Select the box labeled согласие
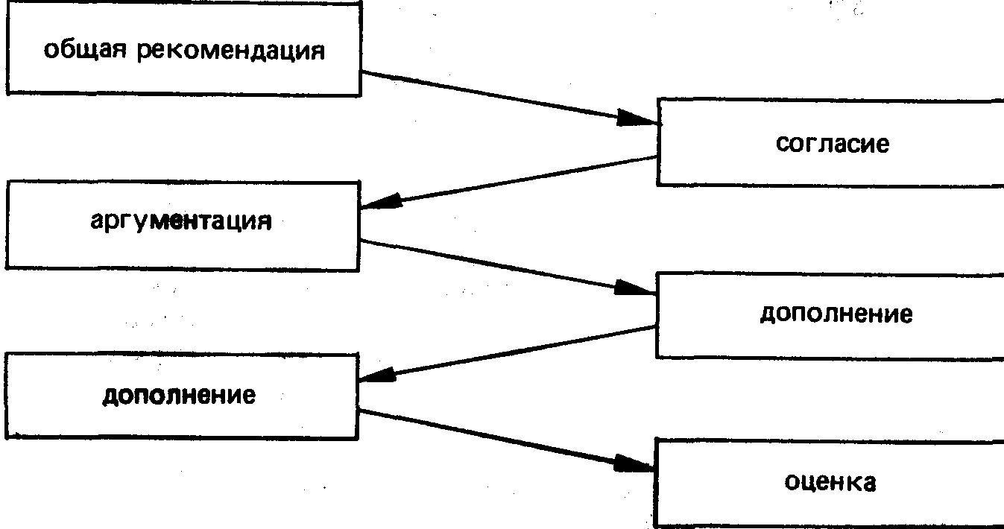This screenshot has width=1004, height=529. tap(830, 143)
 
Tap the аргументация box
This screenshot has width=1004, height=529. tap(183, 224)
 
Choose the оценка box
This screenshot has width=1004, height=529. tap(829, 483)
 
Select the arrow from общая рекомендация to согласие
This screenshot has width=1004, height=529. tap(507, 97)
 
